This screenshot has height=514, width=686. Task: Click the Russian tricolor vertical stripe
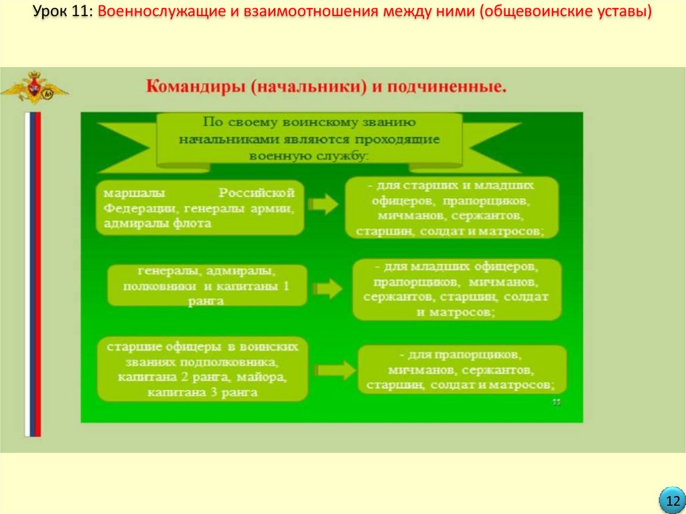point(33,274)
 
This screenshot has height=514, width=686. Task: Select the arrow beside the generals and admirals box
point(328,289)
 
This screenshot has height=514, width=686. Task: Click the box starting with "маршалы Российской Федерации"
point(200,208)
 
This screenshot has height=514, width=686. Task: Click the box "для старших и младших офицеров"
point(451,208)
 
